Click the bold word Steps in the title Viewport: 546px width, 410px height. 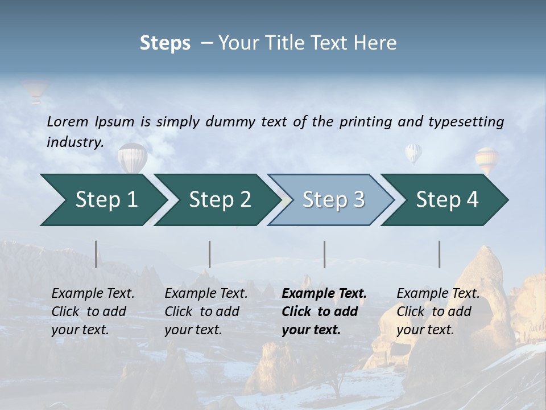(x=165, y=43)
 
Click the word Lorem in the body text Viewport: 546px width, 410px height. (x=68, y=122)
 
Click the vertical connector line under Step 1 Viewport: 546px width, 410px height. (x=96, y=254)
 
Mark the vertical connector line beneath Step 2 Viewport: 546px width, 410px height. (x=210, y=254)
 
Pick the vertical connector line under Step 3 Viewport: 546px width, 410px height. (x=325, y=254)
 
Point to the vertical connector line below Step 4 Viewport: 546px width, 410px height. (x=440, y=254)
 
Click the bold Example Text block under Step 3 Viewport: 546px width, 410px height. (x=324, y=311)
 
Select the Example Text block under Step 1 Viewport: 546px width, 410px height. (x=93, y=311)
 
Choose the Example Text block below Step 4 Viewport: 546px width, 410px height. (x=438, y=311)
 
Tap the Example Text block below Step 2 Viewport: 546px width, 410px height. (x=206, y=311)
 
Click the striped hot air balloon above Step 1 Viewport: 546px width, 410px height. (x=133, y=157)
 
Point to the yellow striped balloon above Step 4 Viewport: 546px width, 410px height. (x=487, y=159)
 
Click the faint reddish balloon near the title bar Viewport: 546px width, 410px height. (x=36, y=91)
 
